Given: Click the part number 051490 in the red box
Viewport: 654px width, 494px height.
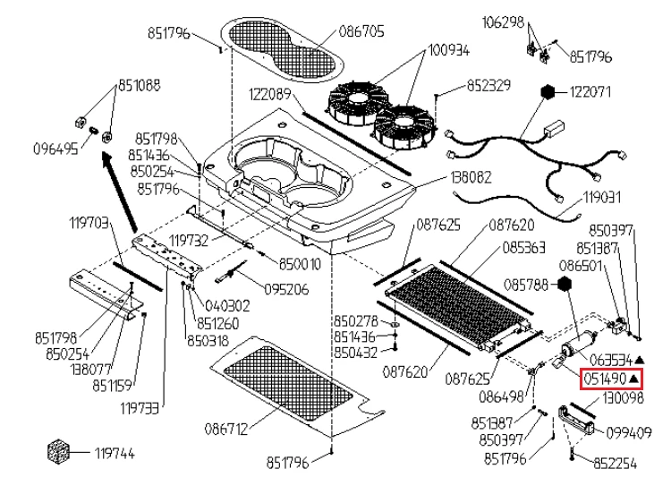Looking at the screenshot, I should tap(605, 379).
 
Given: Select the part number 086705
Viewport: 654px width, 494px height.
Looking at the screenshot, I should tap(361, 31).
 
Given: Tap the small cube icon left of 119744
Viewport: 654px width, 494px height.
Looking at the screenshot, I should tap(58, 452).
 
